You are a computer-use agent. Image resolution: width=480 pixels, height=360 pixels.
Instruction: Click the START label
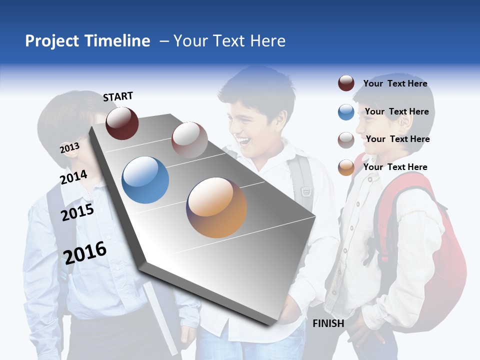[x=118, y=96]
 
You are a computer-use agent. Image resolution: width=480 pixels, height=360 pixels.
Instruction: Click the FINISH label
[x=328, y=323]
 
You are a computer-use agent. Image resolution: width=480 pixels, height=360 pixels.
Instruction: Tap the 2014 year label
[x=73, y=177]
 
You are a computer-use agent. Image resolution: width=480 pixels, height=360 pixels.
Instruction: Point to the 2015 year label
[x=77, y=212]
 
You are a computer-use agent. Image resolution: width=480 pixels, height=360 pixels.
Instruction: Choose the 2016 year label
[x=85, y=252]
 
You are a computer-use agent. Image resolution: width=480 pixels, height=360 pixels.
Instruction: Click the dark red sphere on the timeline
[x=122, y=123]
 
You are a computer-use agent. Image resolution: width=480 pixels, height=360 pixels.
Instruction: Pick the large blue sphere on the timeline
[x=145, y=180]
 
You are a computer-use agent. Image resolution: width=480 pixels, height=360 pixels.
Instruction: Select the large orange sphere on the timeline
[x=216, y=207]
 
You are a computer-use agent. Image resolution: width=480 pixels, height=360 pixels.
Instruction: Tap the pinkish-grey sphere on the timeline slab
[x=189, y=139]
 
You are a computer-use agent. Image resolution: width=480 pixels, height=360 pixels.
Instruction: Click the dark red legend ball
[x=346, y=83]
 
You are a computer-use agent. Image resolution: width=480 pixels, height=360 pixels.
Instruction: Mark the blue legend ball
[x=346, y=112]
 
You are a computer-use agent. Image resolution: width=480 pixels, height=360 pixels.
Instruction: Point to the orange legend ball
[x=346, y=167]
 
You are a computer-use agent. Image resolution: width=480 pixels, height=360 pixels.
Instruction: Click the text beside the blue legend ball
[x=396, y=111]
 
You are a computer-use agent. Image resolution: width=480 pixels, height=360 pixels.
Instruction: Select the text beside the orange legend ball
[x=395, y=167]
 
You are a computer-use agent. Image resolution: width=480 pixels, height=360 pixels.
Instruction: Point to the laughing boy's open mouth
[x=245, y=142]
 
